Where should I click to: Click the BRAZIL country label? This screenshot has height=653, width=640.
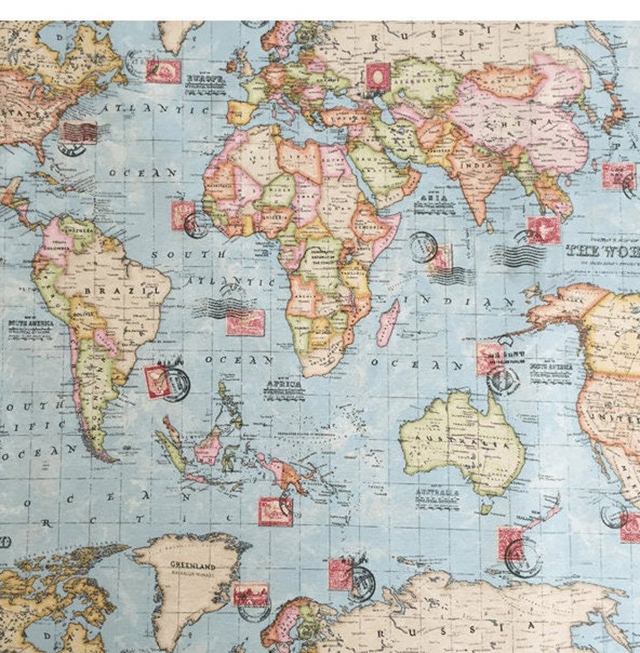pos(121,291)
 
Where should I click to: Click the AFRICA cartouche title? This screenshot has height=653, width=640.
pos(283,384)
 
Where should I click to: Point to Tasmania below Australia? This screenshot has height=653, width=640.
pos(486,506)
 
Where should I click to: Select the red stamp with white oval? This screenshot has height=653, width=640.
pos(377,77)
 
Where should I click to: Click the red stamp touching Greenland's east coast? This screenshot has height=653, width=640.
pos(251,594)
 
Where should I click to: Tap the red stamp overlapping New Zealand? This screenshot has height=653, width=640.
pos(510,543)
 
